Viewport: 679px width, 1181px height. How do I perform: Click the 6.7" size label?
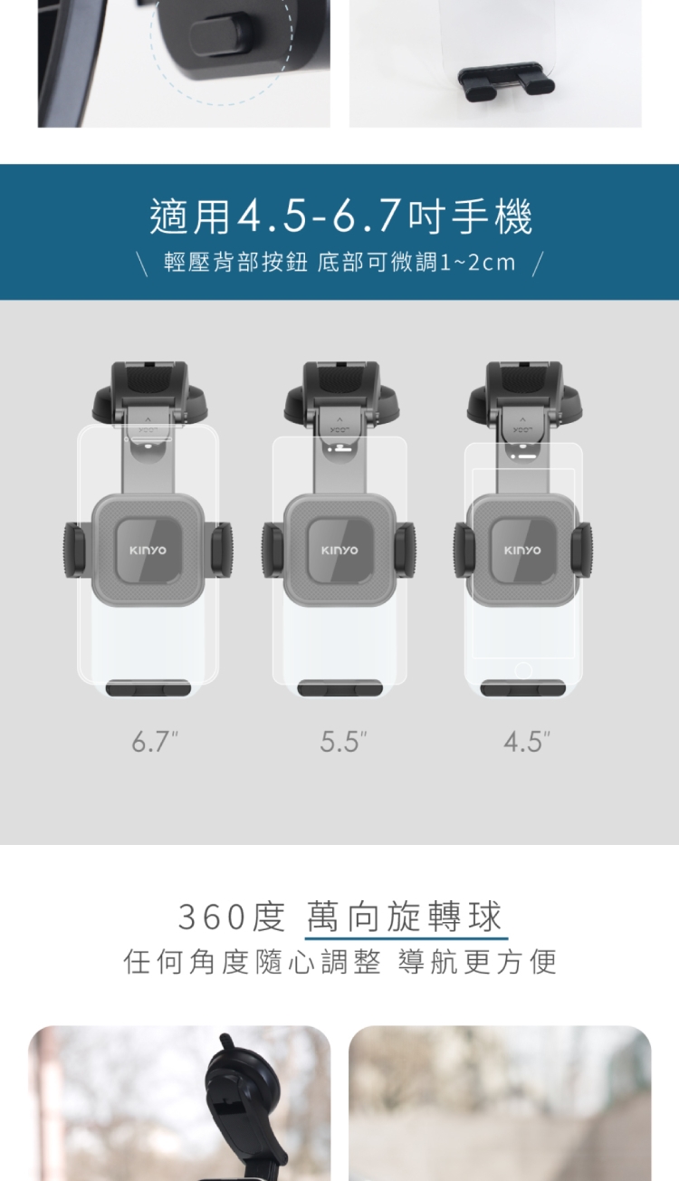coord(155,742)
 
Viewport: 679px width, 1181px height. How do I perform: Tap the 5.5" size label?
coord(343,742)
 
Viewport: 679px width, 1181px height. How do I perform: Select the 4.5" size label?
coord(527,742)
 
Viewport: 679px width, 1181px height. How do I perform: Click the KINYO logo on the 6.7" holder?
coord(148,550)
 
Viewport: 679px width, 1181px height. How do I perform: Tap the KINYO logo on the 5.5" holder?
coord(339,550)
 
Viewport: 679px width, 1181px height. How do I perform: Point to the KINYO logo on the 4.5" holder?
coord(522,550)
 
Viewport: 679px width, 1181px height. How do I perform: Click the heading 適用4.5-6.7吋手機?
coord(341,216)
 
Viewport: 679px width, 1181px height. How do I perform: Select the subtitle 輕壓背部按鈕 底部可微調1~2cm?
coord(339,262)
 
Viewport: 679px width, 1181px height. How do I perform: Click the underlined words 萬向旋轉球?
coord(405,917)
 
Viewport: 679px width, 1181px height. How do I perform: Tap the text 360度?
coord(232,917)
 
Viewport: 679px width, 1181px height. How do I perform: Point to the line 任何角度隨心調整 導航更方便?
coord(340,961)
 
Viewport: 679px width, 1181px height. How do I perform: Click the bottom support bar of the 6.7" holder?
coord(148,688)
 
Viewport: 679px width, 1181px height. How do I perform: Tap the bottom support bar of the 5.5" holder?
coord(340,688)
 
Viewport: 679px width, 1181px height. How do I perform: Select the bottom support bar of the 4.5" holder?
coord(523,688)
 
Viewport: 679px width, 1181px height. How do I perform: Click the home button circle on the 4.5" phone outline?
coord(523,670)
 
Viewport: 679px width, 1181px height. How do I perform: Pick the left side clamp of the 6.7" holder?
coord(75,550)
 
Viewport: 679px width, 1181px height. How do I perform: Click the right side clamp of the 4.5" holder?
coord(581,550)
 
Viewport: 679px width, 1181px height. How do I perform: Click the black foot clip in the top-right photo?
coord(506,82)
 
